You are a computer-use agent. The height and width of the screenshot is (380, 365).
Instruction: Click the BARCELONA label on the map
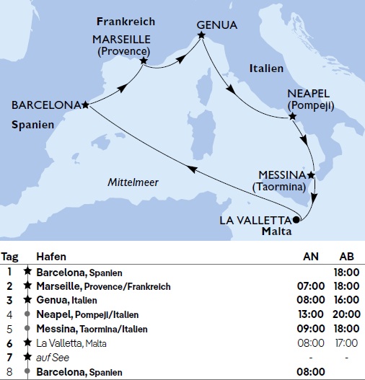click(x=45, y=105)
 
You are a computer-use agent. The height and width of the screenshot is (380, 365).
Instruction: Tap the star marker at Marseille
click(x=144, y=61)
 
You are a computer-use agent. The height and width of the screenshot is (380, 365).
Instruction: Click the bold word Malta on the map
click(x=277, y=232)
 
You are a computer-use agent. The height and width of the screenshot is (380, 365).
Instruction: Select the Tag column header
click(x=10, y=257)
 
